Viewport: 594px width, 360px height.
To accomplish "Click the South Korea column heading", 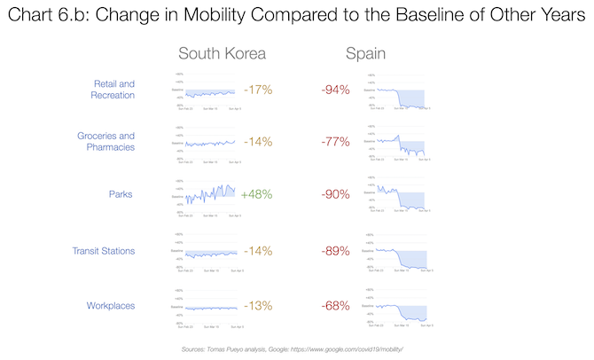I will pos(222,54).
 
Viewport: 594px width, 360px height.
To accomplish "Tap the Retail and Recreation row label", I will pos(114,89).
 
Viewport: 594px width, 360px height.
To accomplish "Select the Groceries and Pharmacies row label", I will pos(108,142).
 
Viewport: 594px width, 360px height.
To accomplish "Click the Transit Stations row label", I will pos(104,251).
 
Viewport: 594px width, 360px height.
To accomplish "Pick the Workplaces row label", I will pos(111,306).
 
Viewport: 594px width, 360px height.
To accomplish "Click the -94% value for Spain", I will pos(335,90).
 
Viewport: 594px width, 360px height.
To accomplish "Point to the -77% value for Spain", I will pos(335,142).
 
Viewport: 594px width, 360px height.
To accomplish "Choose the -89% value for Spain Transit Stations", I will pos(335,251).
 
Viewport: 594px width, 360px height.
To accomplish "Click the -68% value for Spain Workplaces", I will pos(335,306).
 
